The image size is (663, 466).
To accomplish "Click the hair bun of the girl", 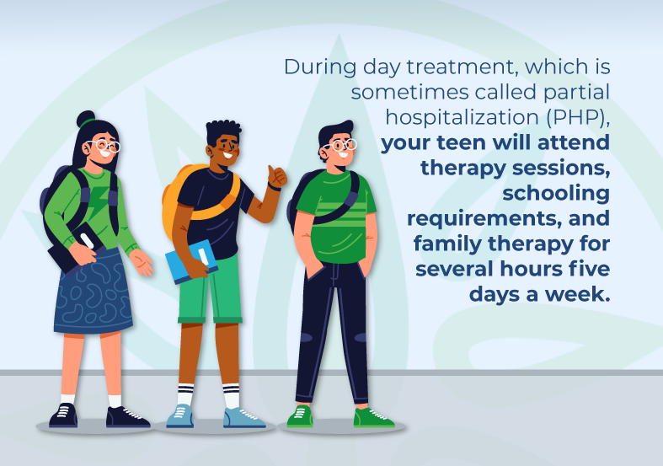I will coord(86,119).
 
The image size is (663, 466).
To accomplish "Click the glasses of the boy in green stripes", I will coord(341,145).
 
